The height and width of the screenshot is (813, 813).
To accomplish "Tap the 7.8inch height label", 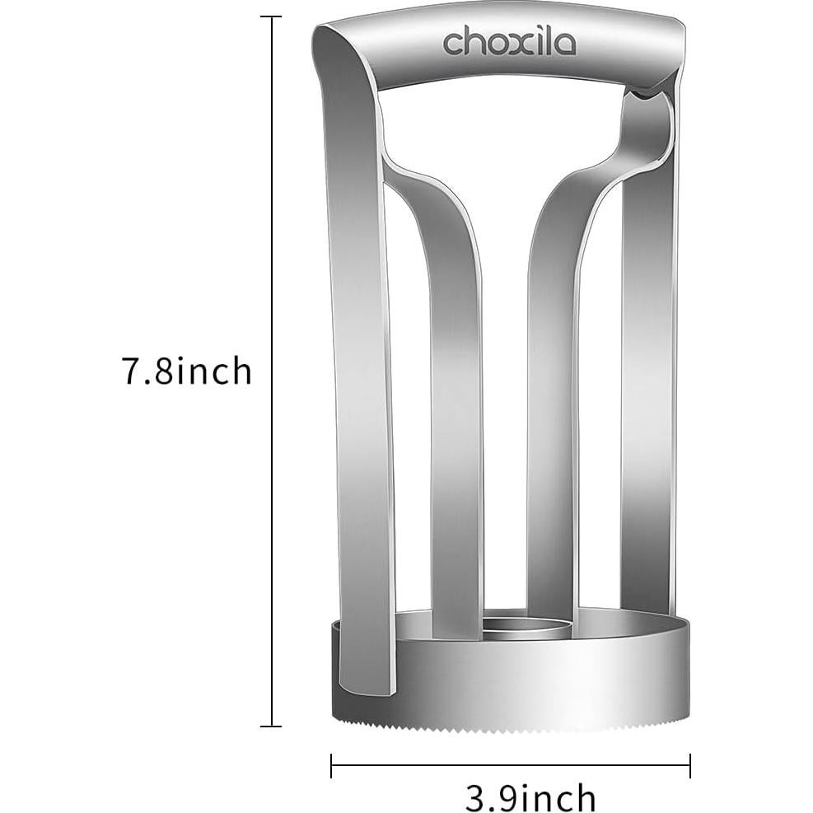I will [x=187, y=371].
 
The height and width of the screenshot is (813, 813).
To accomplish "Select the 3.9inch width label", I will [x=530, y=797].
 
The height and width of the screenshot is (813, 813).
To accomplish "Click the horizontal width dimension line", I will [x=511, y=765].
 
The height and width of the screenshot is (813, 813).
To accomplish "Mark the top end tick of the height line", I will [x=271, y=16].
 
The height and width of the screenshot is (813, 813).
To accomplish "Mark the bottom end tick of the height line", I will [x=271, y=726].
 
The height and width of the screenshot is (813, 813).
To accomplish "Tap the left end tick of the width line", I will [x=331, y=765].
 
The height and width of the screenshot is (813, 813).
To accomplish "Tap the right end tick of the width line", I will [x=690, y=765].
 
